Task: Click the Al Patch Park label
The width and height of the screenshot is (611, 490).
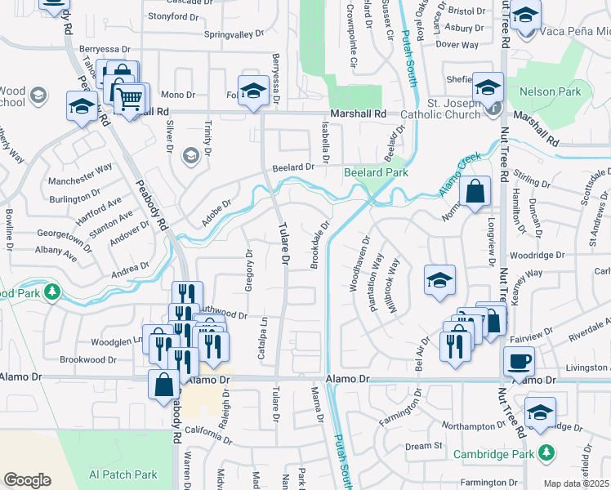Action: point(123,474)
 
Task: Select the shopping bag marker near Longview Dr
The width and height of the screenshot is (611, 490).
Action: point(475,194)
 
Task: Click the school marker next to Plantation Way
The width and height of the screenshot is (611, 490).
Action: point(439,280)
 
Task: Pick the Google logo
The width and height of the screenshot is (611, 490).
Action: point(27,480)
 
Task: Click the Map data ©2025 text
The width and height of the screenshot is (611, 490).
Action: point(577,483)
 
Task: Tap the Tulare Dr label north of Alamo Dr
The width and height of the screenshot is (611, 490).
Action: point(284,243)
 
